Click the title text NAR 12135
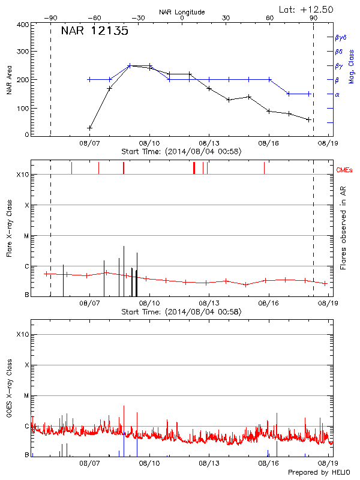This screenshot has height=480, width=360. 94,32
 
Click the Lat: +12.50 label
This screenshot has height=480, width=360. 307,9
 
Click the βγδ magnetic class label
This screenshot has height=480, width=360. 340,37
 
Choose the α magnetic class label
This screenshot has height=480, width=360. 337,94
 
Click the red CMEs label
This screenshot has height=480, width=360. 344,170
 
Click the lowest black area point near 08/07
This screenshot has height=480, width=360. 90,128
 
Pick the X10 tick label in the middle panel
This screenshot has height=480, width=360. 23,175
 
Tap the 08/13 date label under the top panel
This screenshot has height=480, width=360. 209,144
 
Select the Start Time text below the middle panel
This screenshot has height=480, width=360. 181,312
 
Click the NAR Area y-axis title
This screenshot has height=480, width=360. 9,80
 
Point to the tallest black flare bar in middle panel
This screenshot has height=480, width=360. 124,270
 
